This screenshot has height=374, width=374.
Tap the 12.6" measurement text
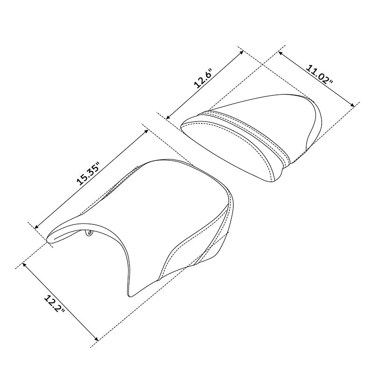204,79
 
